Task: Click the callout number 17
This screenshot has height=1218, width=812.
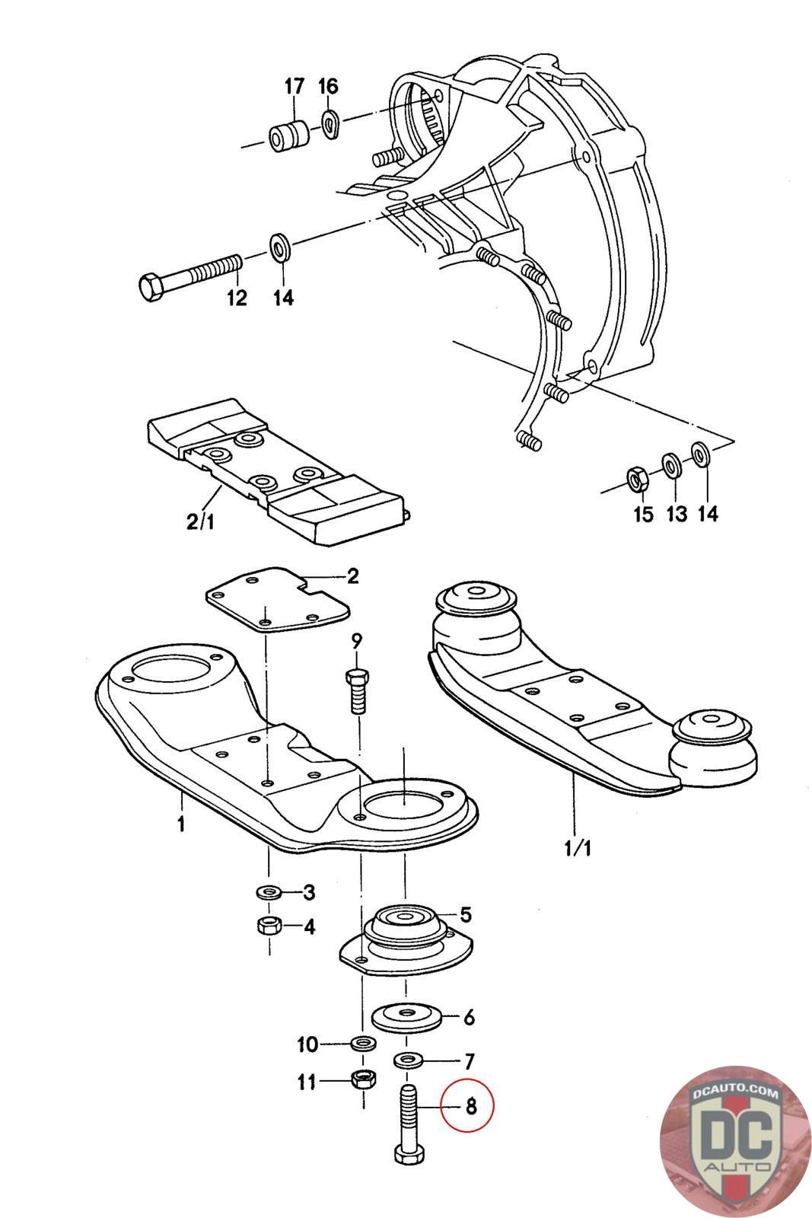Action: pos(294,86)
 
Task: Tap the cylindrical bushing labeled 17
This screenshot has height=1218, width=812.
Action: pos(287,135)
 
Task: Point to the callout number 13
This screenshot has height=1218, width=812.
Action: pos(676,514)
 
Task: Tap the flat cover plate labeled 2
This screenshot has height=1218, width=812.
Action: pos(278,599)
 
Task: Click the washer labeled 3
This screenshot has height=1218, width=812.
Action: pos(269,891)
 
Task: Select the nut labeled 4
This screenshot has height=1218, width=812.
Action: pos(269,926)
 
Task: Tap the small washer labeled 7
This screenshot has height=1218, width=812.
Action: pos(409,1059)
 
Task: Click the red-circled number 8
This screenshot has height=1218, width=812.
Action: pos(471,1105)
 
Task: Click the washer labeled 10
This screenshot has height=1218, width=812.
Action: pos(363,1042)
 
